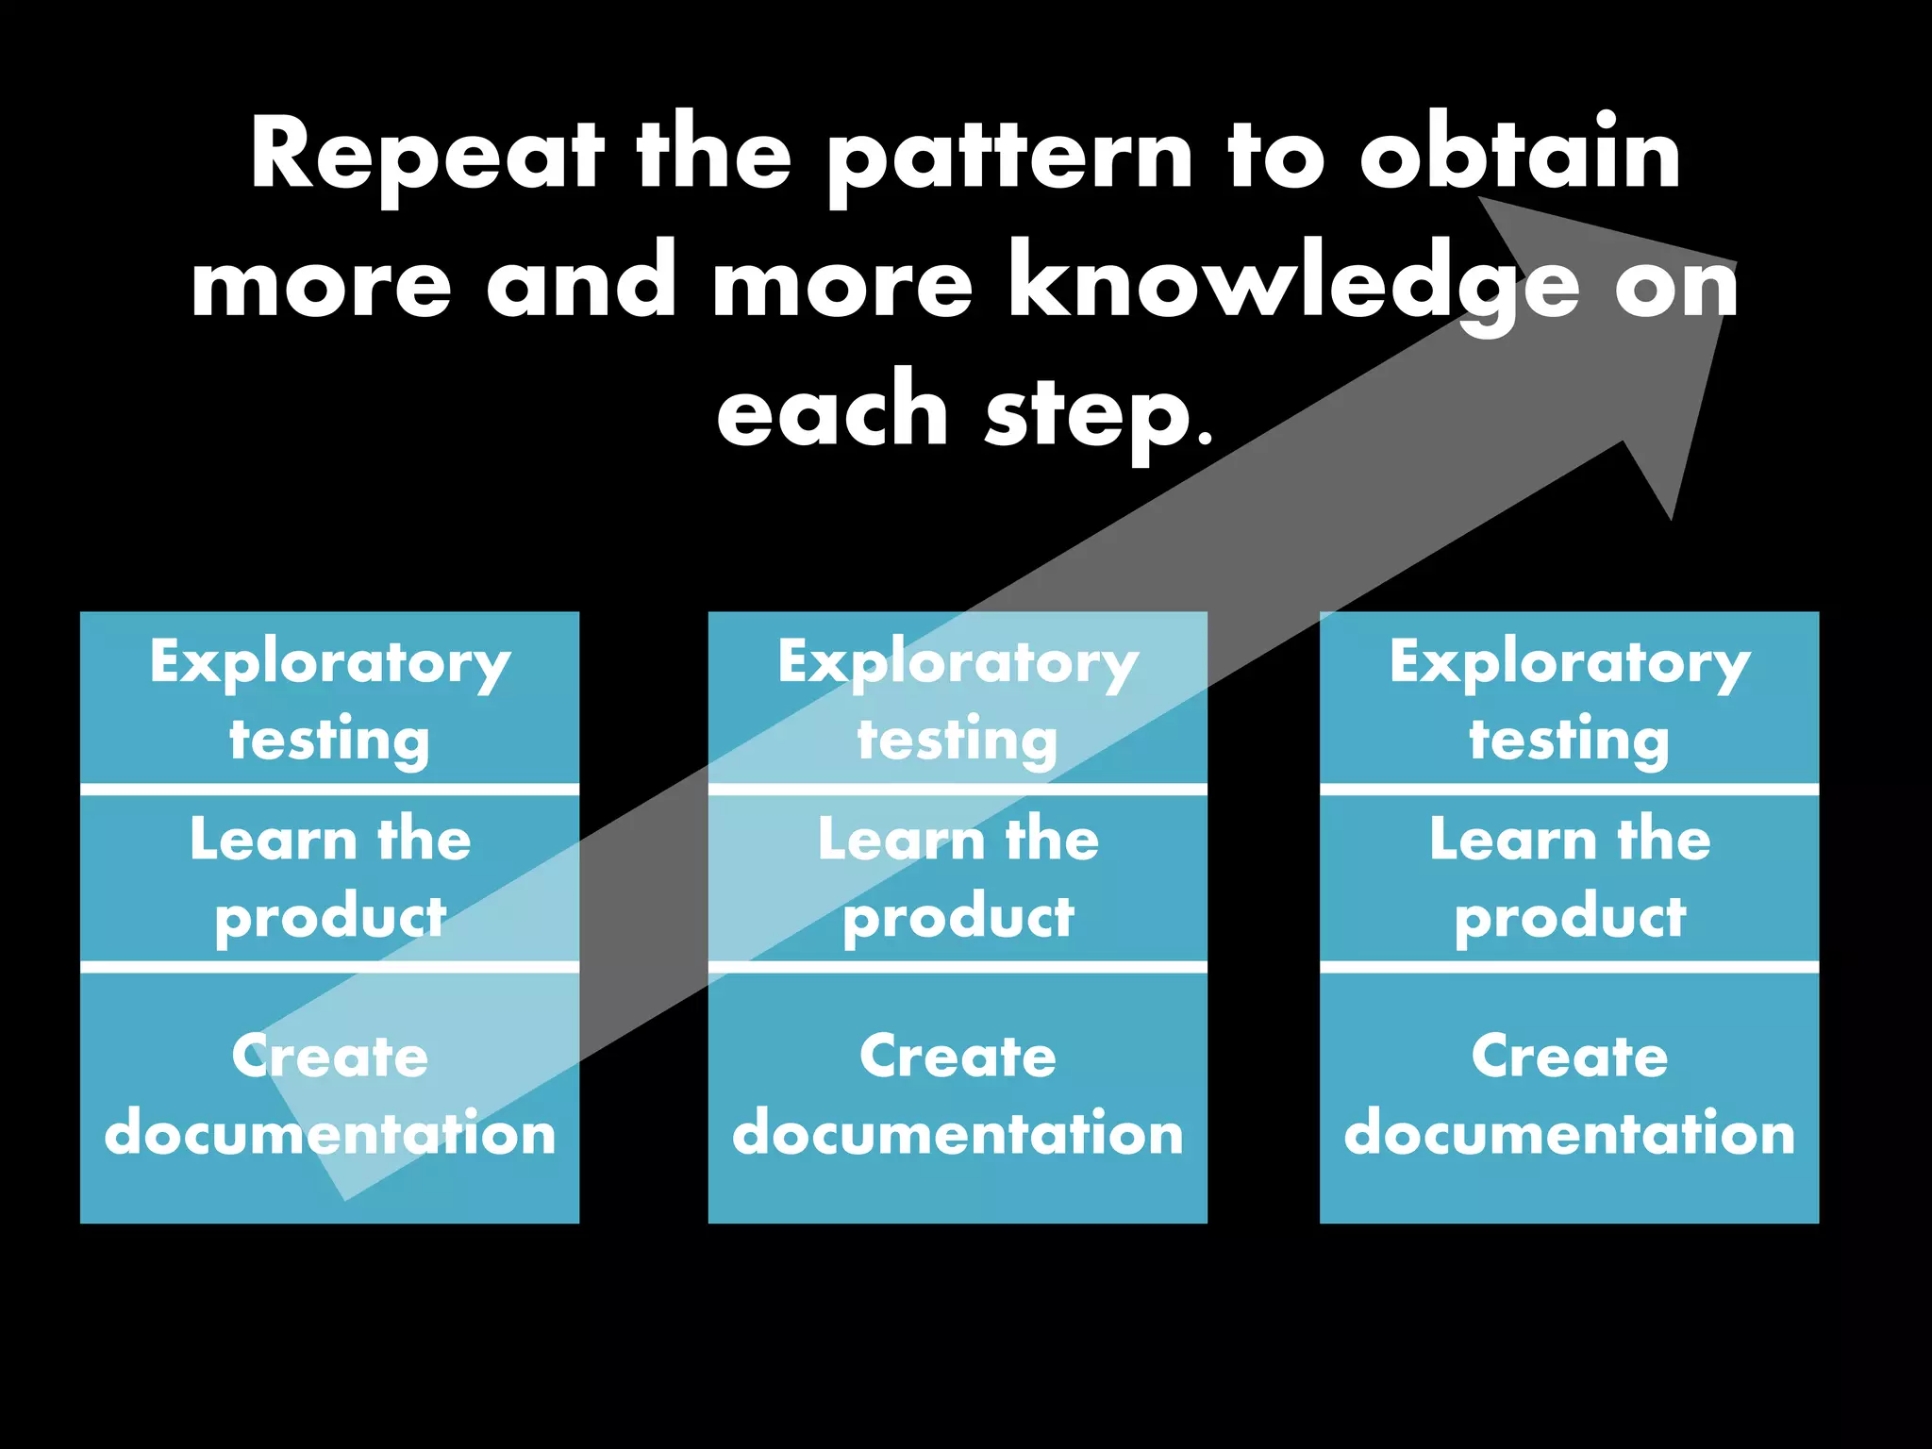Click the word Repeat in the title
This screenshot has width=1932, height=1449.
click(x=425, y=156)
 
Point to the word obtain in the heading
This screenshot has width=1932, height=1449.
click(x=1520, y=154)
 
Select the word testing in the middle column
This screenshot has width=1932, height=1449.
click(x=958, y=741)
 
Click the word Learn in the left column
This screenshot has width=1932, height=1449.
click(x=273, y=839)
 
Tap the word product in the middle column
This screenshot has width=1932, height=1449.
click(x=958, y=918)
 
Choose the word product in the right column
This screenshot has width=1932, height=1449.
click(x=1570, y=918)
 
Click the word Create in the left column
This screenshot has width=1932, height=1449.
click(x=330, y=1056)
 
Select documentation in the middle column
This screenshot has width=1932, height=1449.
click(x=958, y=1133)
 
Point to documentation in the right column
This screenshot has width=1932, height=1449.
click(x=1570, y=1133)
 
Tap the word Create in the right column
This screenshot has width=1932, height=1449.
click(x=1570, y=1056)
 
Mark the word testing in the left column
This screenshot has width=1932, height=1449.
click(x=330, y=741)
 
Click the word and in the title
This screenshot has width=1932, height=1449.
click(x=581, y=283)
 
